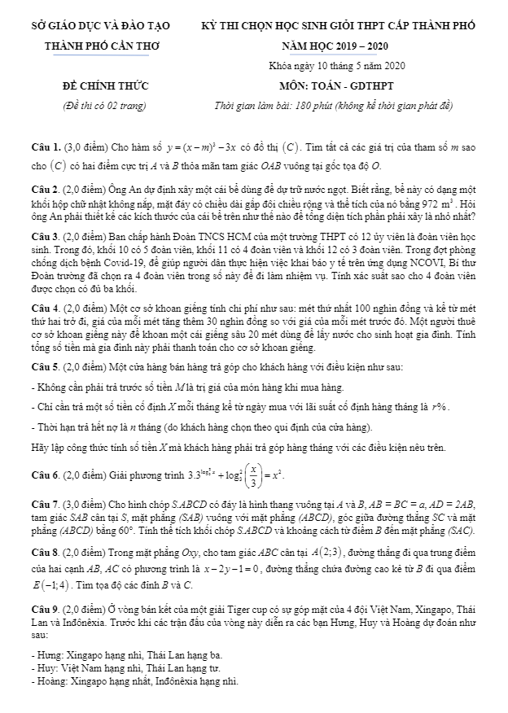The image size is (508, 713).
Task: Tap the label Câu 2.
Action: coord(42,186)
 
